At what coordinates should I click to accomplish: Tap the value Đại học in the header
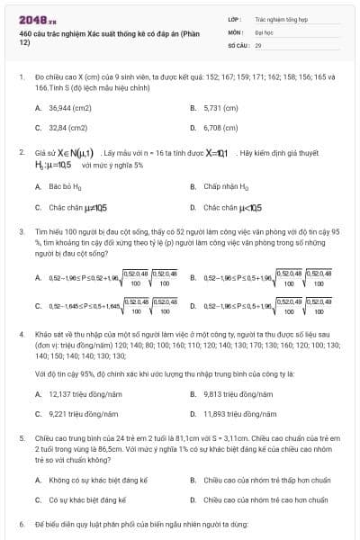264,31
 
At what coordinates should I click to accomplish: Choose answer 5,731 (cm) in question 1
220,107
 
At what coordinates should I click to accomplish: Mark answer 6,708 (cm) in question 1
220,128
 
